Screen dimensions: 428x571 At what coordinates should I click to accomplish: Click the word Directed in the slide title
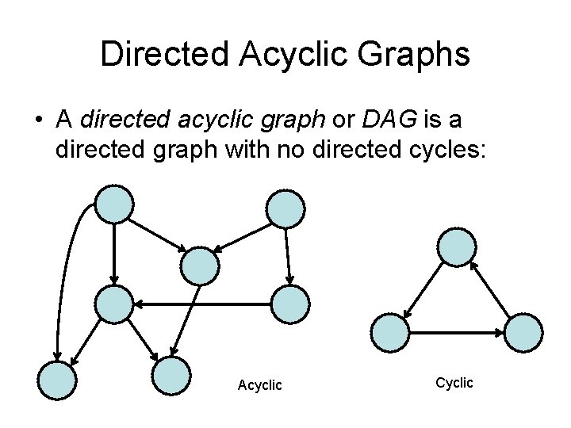point(162,55)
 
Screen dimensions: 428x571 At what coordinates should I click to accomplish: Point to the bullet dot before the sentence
point(37,121)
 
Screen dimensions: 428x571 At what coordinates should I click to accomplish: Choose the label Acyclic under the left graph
point(259,385)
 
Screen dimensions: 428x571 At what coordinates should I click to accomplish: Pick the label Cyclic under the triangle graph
point(454,383)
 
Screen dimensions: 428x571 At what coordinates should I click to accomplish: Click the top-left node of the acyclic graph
point(114,204)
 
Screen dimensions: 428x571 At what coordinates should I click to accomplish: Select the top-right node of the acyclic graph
point(284,208)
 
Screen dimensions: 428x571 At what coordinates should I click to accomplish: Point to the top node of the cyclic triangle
point(457,246)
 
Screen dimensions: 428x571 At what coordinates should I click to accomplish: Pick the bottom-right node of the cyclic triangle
point(523,333)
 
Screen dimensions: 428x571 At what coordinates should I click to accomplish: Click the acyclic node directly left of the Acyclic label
point(172,376)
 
